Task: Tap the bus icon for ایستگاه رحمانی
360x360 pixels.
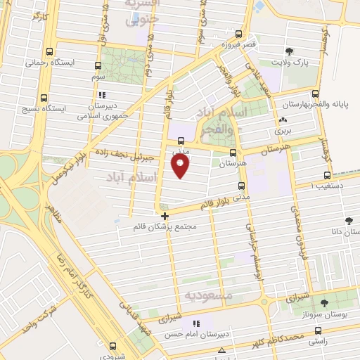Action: click(49, 51)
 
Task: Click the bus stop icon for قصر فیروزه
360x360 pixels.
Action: click(239, 33)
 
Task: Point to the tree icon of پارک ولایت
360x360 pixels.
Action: click(289, 51)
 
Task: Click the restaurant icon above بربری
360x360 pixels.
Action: click(282, 120)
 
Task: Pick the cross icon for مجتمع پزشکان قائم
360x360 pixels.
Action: click(165, 216)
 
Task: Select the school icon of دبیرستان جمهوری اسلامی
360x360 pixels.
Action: click(103, 94)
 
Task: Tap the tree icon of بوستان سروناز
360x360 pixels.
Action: click(324, 303)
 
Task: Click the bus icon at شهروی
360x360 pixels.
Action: click(112, 345)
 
